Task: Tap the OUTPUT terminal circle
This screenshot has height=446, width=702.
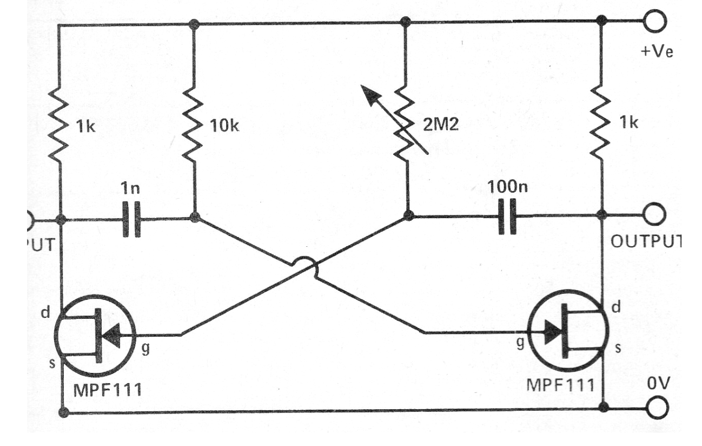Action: [x=656, y=215]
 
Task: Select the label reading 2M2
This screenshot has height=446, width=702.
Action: [x=440, y=126]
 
